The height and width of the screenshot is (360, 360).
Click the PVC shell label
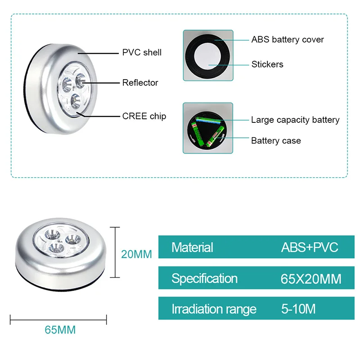coord(142,53)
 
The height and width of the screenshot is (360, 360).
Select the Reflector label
coord(140,83)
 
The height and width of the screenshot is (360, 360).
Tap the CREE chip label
coord(144,116)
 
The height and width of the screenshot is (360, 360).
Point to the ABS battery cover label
coord(288,40)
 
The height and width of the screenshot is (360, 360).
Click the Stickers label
coord(267,64)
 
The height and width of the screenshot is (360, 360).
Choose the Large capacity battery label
coord(295,120)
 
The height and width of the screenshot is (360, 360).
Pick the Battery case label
coord(276,141)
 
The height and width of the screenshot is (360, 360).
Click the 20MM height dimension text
coord(137,254)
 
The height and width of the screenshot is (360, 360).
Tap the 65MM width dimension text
coord(60,330)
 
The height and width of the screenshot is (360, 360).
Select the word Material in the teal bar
coord(192,247)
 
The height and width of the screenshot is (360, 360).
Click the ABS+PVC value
coord(310,247)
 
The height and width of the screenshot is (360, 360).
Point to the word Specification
coord(204,279)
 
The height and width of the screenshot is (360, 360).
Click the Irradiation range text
coord(214,310)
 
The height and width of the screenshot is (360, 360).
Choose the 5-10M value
coord(298,310)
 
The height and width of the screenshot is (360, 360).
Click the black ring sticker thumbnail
coord(208,55)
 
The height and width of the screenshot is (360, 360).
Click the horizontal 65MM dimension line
coord(58,320)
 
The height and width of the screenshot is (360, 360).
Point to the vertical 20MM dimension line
coord(116,252)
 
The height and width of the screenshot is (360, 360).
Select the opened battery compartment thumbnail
coord(208,128)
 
